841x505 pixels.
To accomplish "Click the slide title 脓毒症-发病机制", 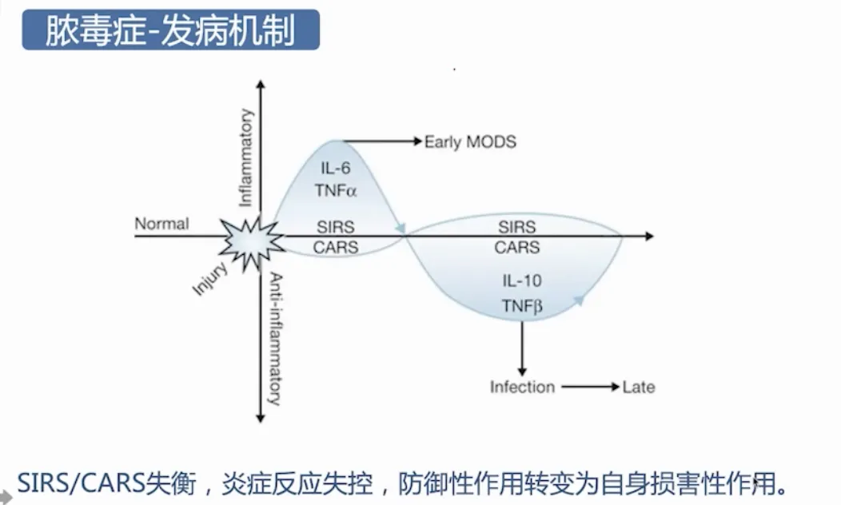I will [x=170, y=30].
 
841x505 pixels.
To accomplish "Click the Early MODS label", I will [x=470, y=142].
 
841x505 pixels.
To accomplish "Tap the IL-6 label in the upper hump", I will [x=335, y=168].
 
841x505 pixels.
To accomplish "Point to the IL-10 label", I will [x=522, y=281].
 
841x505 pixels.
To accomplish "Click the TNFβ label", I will [x=522, y=306].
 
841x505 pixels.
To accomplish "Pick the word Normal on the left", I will [x=161, y=224].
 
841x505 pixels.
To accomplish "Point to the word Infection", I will [x=522, y=388].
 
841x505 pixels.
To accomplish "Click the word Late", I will [x=639, y=388].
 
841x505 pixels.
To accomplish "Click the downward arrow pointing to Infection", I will [x=522, y=347].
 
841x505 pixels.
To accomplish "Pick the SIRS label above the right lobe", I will [x=516, y=226].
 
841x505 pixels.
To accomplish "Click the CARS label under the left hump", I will [x=335, y=248].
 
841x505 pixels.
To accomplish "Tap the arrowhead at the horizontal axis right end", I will [x=648, y=237].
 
